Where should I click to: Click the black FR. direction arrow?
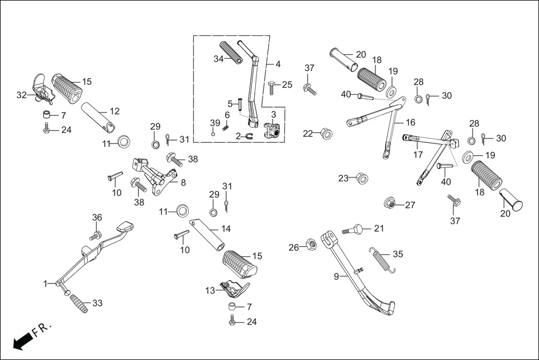22,340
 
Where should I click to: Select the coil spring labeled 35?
382,260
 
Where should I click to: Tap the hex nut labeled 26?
312,244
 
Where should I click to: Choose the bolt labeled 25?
272,85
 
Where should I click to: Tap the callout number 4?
278,64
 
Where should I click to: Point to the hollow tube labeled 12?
101,116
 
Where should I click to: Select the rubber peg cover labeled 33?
78,304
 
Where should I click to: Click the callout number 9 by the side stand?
336,276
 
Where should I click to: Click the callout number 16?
411,122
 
